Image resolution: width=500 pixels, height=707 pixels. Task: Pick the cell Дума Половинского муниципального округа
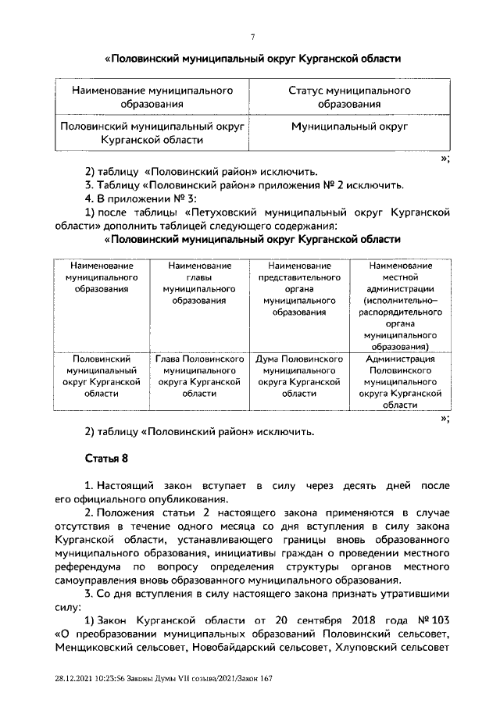tap(299, 377)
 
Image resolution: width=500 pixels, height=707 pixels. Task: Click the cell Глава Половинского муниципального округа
tap(200, 377)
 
